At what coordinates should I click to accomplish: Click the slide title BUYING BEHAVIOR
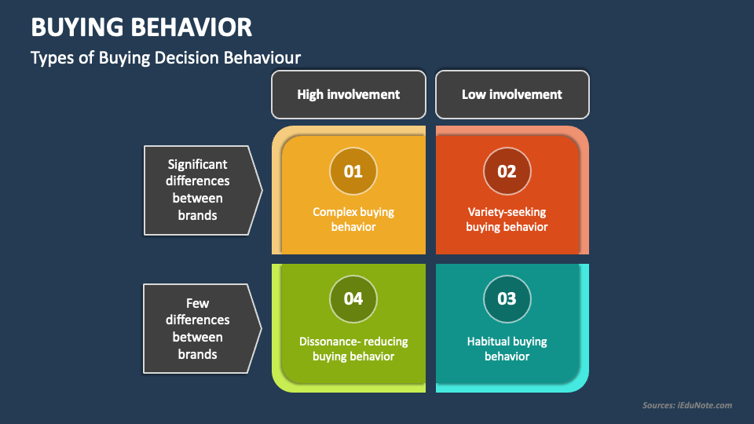click(141, 27)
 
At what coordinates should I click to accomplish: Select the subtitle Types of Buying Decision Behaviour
click(166, 57)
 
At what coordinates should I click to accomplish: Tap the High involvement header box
click(348, 94)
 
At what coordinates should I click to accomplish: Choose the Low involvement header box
click(512, 94)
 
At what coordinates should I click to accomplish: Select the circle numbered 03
click(507, 298)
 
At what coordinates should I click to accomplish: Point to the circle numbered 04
click(353, 298)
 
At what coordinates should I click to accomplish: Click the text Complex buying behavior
click(353, 219)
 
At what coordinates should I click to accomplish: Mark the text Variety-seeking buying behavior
click(507, 219)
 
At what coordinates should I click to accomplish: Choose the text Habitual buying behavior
click(507, 349)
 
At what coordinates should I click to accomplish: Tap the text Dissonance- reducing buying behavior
click(353, 349)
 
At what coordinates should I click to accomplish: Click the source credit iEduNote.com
click(686, 405)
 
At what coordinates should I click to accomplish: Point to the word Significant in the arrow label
click(197, 164)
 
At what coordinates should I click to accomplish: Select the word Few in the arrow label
click(197, 302)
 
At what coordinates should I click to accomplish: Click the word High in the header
click(310, 94)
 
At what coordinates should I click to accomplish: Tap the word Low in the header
click(474, 94)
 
